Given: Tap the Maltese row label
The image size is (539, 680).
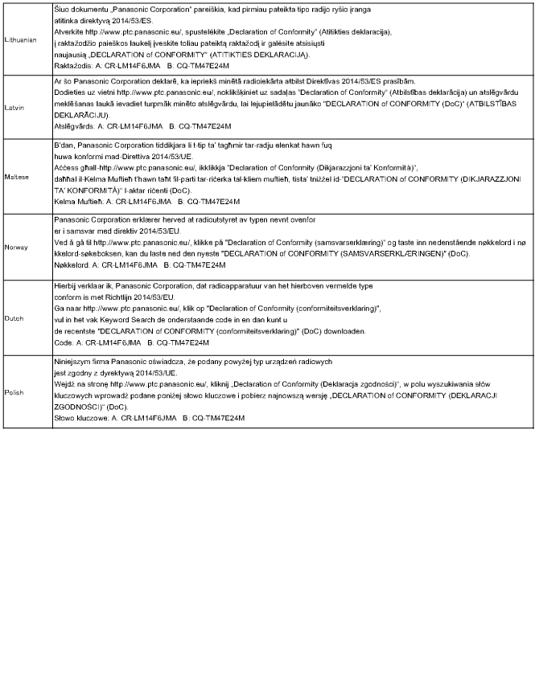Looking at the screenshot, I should [x=17, y=174].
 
